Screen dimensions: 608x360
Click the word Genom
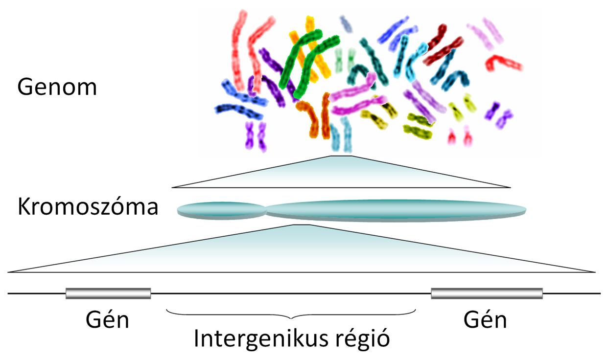[x=57, y=87]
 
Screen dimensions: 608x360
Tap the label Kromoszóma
[x=88, y=206]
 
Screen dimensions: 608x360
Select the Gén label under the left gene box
[x=107, y=319]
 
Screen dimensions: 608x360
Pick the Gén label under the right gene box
[x=485, y=319]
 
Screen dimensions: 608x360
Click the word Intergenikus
[x=261, y=339]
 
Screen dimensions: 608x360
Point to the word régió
[x=363, y=338]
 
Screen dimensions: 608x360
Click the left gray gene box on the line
[x=108, y=293]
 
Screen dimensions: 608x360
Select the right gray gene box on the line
[x=487, y=293]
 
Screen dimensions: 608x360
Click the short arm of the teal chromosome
[x=221, y=210]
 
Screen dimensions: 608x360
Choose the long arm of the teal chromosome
[x=397, y=210]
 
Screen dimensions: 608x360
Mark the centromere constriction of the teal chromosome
[x=266, y=210]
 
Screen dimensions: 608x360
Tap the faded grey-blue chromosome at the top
[x=346, y=23]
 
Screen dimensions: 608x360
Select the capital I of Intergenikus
[x=196, y=338]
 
